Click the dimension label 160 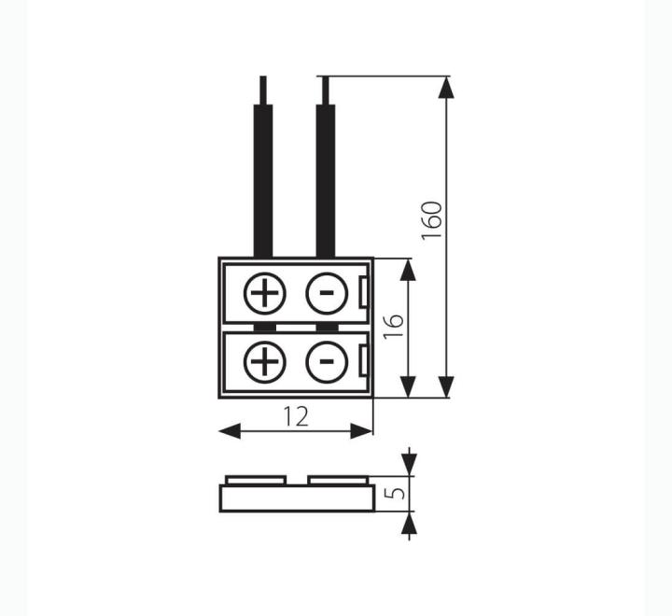pos(431,220)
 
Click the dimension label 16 pos(393,327)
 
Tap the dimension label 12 pos(296,416)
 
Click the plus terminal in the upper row pos(264,294)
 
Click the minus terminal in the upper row pos(327,294)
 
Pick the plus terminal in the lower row pos(264,362)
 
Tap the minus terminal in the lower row pos(327,362)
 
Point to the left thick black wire pos(263,181)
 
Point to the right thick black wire pos(326,181)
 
